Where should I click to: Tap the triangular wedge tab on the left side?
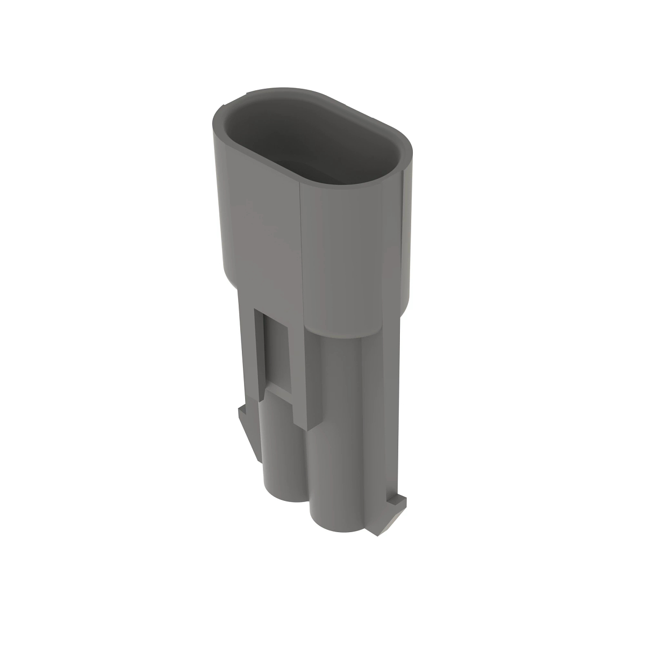(x=250, y=435)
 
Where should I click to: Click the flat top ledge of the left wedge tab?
(x=245, y=412)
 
